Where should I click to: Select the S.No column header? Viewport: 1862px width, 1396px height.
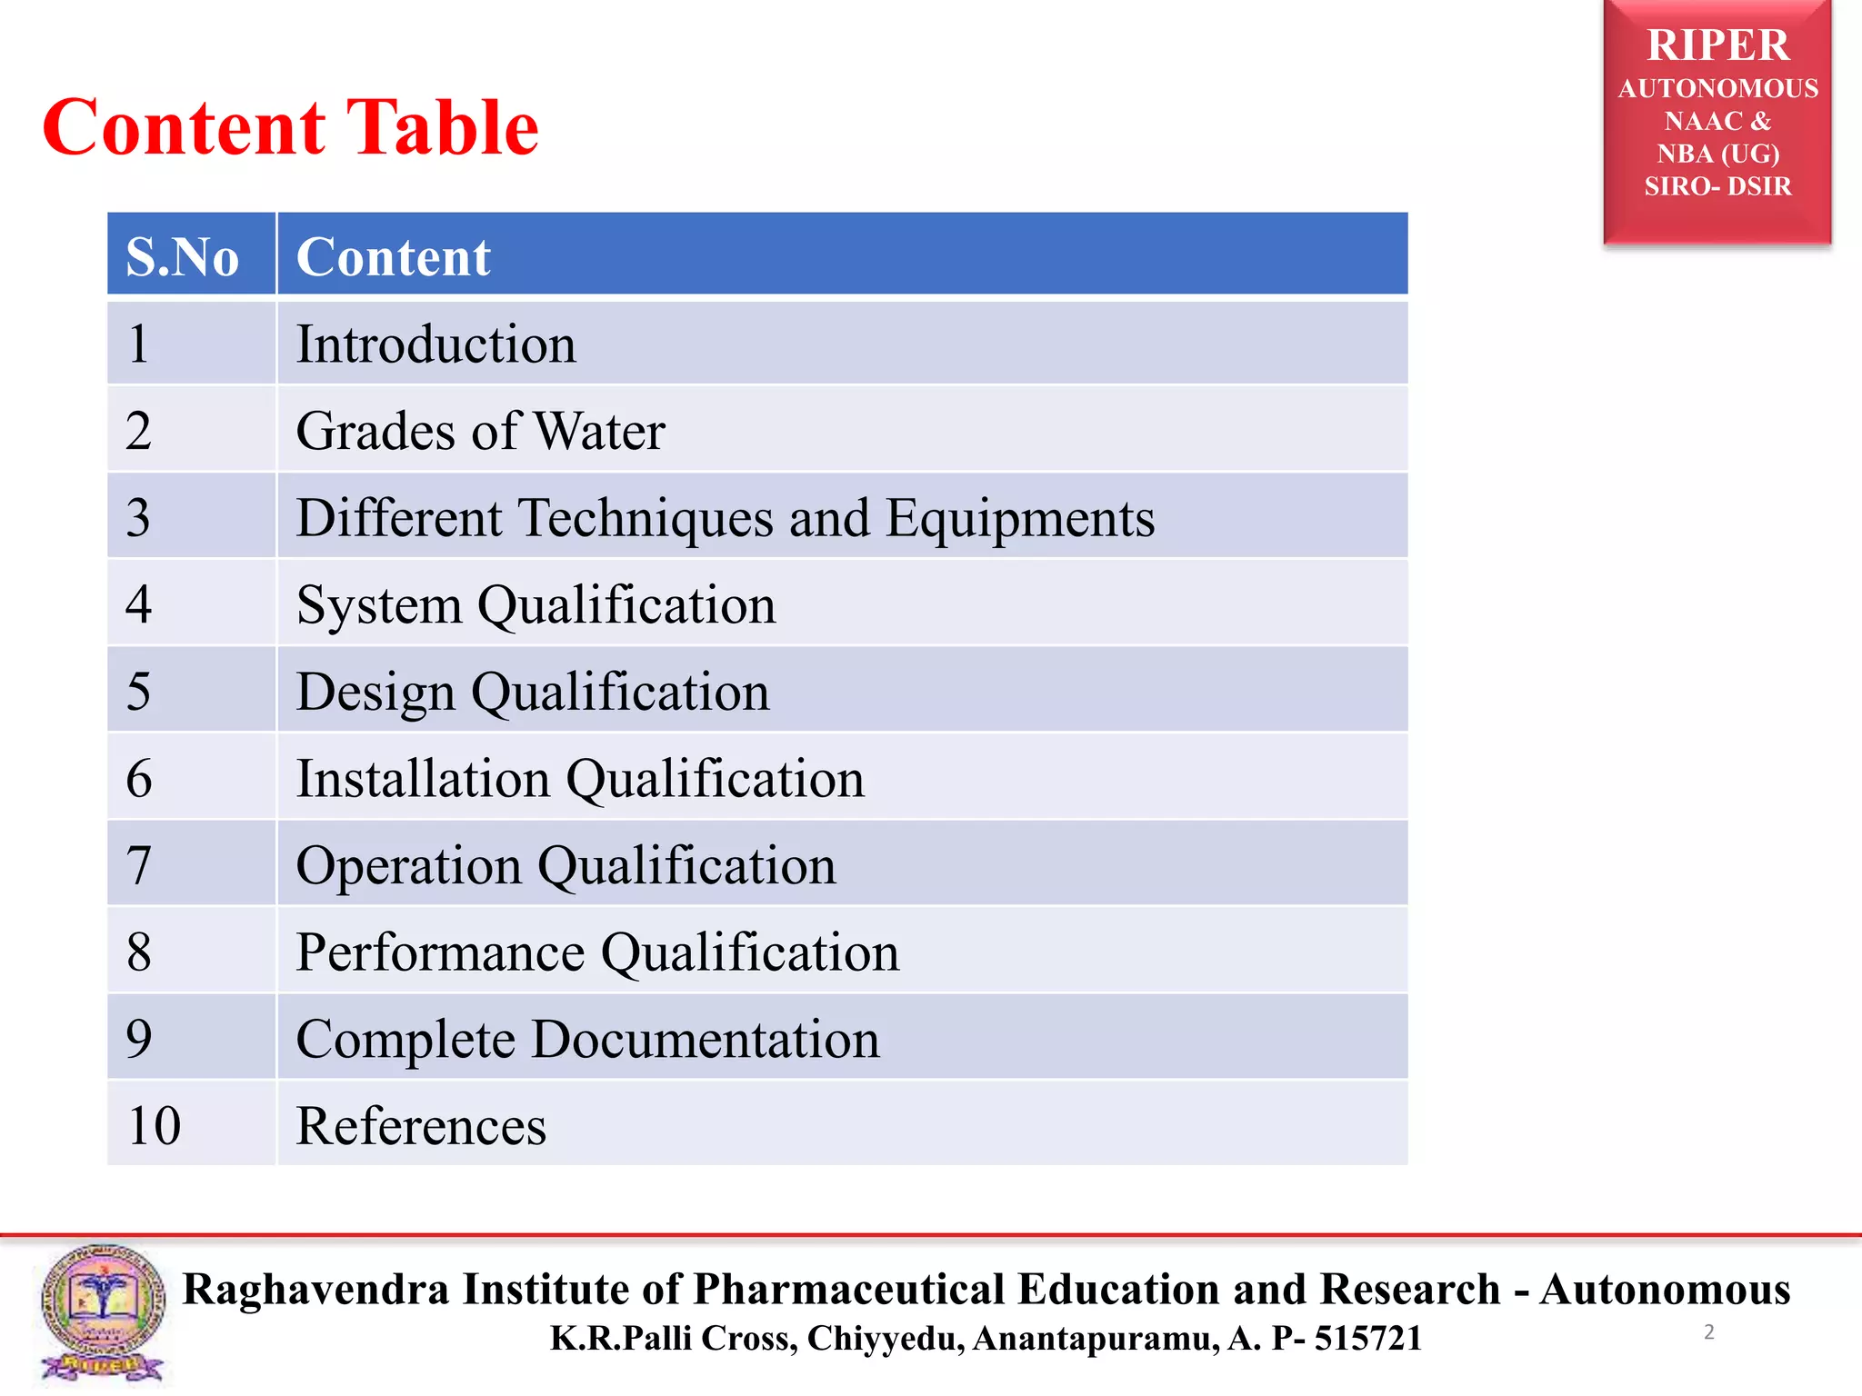coord(183,256)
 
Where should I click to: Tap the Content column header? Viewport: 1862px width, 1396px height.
coord(393,256)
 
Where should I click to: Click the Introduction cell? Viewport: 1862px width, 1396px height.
coord(435,344)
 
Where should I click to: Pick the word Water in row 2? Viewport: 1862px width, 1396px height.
coord(599,431)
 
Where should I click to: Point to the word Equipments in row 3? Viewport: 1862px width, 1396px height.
coord(1019,518)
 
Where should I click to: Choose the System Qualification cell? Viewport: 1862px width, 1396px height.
coord(536,605)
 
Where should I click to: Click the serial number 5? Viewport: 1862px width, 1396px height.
coord(138,692)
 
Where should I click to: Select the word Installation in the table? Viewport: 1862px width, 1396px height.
coord(423,779)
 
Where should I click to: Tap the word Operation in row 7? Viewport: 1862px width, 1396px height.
coord(408,865)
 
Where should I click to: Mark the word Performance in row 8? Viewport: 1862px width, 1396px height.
coord(440,952)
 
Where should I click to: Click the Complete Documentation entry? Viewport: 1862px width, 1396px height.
coord(587,1039)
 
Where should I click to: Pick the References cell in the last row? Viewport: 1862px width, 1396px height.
coord(421,1126)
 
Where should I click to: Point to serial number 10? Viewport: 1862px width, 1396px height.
coord(154,1126)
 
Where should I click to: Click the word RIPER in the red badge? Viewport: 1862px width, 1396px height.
coord(1717,45)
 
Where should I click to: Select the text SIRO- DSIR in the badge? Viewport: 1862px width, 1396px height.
coord(1717,186)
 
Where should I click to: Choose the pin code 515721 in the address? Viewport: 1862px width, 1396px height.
coord(1367,1339)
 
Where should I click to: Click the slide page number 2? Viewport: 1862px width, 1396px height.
coord(1708,1332)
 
